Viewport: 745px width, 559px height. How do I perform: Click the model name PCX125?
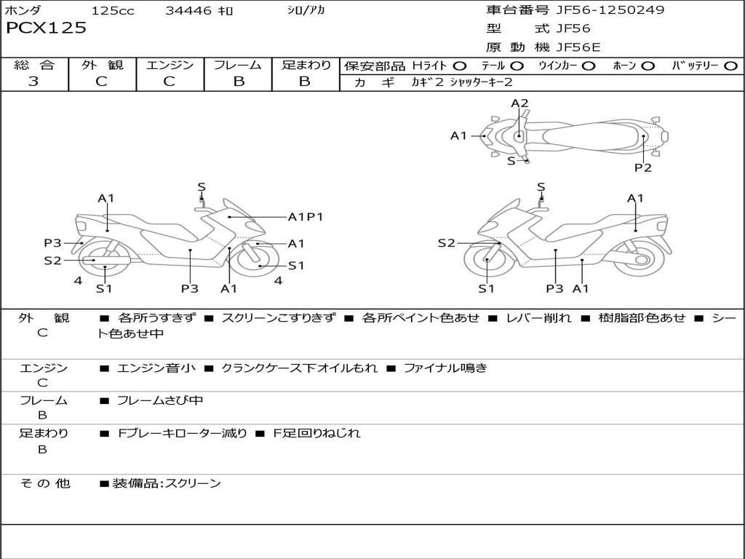tap(46, 28)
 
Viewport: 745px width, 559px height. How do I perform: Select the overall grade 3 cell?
tap(33, 81)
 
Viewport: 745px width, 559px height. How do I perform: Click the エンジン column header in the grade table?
tap(170, 65)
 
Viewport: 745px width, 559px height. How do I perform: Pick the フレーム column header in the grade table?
tap(238, 65)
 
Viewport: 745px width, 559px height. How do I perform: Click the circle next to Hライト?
tap(460, 66)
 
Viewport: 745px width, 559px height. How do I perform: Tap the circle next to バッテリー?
tap(730, 66)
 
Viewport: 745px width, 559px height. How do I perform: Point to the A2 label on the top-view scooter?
tap(519, 103)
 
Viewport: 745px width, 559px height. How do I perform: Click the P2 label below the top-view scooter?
tap(642, 167)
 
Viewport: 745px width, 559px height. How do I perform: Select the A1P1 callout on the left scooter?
tap(306, 216)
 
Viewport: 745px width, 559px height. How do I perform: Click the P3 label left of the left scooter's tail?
tap(52, 243)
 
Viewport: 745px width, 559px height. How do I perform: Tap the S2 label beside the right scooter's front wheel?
tap(446, 243)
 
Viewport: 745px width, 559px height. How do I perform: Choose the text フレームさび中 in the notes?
tap(160, 400)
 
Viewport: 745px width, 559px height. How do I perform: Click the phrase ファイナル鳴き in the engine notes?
tap(445, 368)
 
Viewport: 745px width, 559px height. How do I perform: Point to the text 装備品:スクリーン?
tap(167, 483)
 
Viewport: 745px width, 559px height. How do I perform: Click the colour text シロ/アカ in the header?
tap(306, 10)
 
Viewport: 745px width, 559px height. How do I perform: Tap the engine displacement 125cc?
tap(113, 10)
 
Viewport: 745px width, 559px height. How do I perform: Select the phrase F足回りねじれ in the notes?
tap(316, 433)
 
